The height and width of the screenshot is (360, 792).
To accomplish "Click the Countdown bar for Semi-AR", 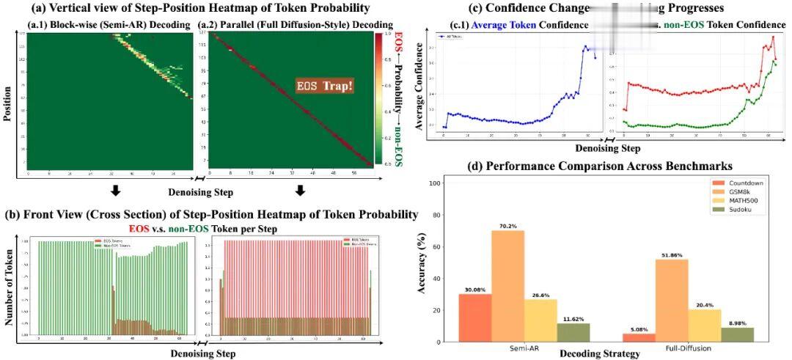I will click(x=474, y=317).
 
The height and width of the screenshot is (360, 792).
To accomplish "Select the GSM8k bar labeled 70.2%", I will click(x=507, y=286).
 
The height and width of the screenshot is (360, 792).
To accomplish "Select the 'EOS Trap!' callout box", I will click(x=326, y=86).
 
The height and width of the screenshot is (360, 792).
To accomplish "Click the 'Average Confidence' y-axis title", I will click(x=419, y=86).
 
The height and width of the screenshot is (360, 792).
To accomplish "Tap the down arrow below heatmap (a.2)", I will click(x=299, y=192).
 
